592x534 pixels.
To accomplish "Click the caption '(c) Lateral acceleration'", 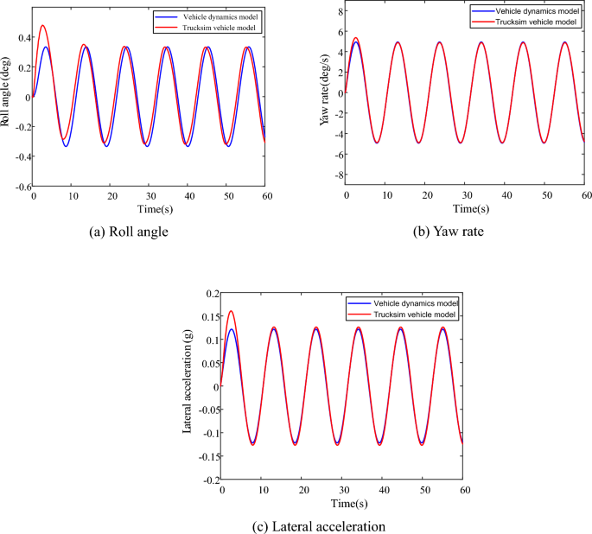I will (x=296, y=524).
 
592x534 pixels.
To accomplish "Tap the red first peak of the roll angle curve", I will (x=42, y=26).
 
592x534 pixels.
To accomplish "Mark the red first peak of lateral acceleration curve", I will (x=230, y=311).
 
